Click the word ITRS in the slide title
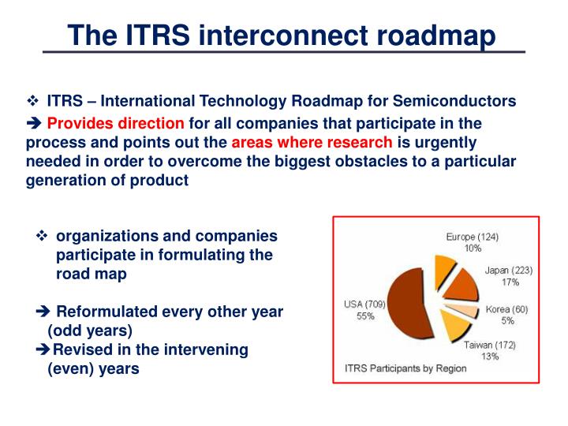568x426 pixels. point(159,35)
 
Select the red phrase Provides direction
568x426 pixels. point(115,124)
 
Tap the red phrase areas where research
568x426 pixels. point(312,143)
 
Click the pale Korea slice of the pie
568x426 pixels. point(461,310)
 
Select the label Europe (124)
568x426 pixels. point(472,237)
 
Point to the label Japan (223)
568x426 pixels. point(509,270)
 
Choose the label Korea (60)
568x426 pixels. point(506,309)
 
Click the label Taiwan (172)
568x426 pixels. point(489,345)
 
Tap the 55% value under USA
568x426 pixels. point(364,316)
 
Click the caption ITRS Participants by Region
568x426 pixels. point(405,368)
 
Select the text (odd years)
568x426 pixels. point(90,330)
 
